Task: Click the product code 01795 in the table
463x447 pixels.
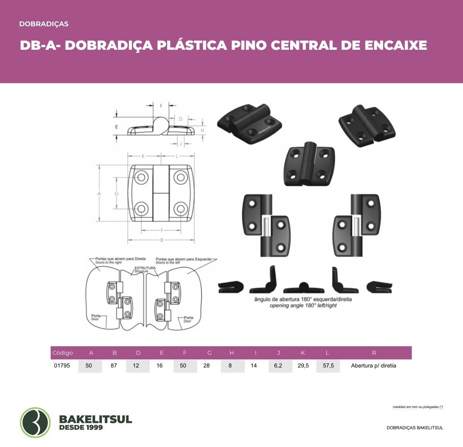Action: click(x=62, y=366)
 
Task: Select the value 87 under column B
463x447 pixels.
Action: click(x=114, y=366)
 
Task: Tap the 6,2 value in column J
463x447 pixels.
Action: click(x=278, y=366)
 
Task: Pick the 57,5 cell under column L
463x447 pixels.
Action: click(x=328, y=366)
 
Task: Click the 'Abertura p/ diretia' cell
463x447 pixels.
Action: click(x=373, y=366)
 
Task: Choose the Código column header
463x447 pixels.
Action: click(x=63, y=353)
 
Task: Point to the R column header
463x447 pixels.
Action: click(x=374, y=353)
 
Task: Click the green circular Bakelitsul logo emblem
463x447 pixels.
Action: click(x=35, y=422)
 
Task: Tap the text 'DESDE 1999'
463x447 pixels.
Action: click(x=81, y=428)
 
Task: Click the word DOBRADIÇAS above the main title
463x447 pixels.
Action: click(x=44, y=24)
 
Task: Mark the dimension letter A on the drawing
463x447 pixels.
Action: click(x=99, y=193)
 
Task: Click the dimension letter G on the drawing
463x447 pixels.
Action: click(x=117, y=193)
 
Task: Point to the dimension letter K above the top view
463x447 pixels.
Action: click(x=143, y=156)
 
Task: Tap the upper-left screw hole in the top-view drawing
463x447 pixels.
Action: click(x=141, y=178)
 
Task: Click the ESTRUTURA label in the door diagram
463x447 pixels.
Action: click(x=145, y=268)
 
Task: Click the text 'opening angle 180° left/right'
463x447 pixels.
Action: click(x=303, y=306)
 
